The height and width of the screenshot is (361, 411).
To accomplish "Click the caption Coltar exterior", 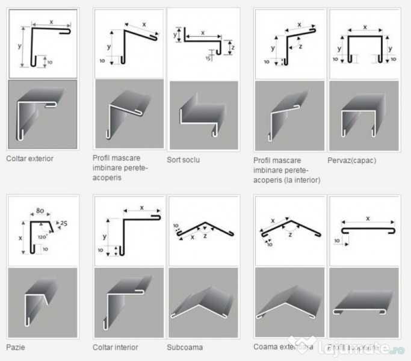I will pos(29,159).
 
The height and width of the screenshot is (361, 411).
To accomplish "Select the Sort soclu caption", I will pos(183,160).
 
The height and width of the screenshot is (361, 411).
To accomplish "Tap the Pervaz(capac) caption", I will pos(347,160).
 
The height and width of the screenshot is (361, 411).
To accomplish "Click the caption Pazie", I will pos(16,347).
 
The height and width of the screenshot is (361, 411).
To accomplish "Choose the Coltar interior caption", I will pos(115,347).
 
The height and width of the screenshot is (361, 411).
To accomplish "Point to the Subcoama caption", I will pos(185,347).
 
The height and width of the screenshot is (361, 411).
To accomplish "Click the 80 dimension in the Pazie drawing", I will pos(40,211).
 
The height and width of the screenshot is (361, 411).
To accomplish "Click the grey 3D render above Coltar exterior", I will pos(42,114).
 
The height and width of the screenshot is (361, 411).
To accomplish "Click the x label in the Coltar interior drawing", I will pos(141,207).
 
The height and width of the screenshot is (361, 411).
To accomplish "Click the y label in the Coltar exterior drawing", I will pos(20,46).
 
